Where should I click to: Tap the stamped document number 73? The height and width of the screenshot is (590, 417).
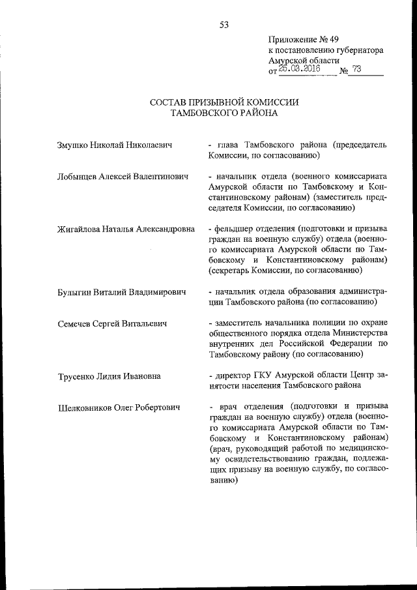(x=356, y=67)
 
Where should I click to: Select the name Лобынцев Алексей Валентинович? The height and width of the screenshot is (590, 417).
(x=122, y=177)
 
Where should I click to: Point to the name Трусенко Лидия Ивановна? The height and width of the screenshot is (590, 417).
(x=109, y=376)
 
